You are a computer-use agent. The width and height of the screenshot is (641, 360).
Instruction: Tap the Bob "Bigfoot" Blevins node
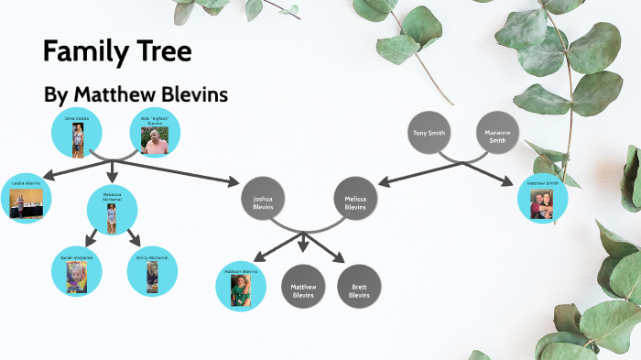pyautogui.click(x=155, y=134)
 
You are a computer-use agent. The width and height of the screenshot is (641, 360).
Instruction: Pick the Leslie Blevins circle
pyautogui.click(x=27, y=197)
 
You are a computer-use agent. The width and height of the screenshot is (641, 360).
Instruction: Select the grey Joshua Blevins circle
pyautogui.click(x=263, y=201)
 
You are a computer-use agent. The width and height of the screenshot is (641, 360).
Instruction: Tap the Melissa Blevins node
pyautogui.click(x=354, y=201)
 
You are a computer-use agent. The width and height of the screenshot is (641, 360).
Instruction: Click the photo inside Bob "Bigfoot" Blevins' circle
pyautogui.click(x=157, y=140)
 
